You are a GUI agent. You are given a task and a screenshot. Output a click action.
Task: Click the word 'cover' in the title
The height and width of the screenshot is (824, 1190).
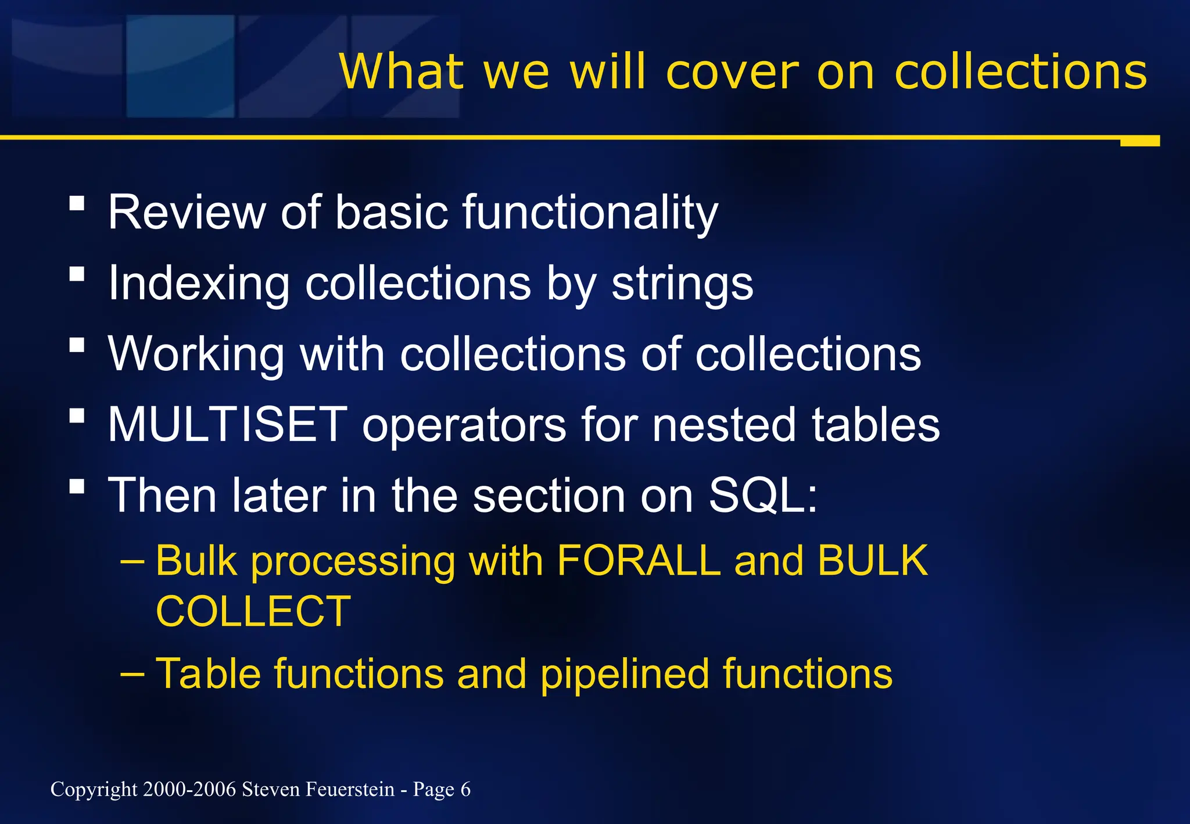tap(732, 72)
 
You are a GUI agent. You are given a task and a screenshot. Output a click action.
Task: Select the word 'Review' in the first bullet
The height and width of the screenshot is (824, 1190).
tap(186, 213)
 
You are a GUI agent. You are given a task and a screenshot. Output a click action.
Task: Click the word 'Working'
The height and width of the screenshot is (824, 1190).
tap(196, 354)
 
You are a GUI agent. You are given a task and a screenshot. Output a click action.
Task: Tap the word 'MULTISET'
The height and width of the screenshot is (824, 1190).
tap(228, 425)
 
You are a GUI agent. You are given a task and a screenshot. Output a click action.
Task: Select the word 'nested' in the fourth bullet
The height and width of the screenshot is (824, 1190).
tap(724, 425)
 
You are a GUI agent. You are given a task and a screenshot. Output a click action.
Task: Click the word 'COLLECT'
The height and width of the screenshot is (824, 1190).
tap(253, 612)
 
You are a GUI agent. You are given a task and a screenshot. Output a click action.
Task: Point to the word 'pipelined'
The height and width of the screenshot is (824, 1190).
tap(625, 674)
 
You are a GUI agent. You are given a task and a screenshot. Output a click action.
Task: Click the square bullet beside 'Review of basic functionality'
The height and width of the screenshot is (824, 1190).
tap(77, 203)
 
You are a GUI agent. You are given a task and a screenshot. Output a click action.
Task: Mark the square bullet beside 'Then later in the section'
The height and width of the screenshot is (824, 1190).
tap(77, 486)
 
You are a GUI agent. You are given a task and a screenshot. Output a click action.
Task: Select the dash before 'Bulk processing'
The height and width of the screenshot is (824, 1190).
tap(132, 562)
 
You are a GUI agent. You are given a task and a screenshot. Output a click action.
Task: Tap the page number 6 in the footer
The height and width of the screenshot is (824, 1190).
tap(465, 790)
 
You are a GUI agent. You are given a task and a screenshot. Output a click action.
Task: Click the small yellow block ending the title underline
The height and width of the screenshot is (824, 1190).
tap(1139, 141)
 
